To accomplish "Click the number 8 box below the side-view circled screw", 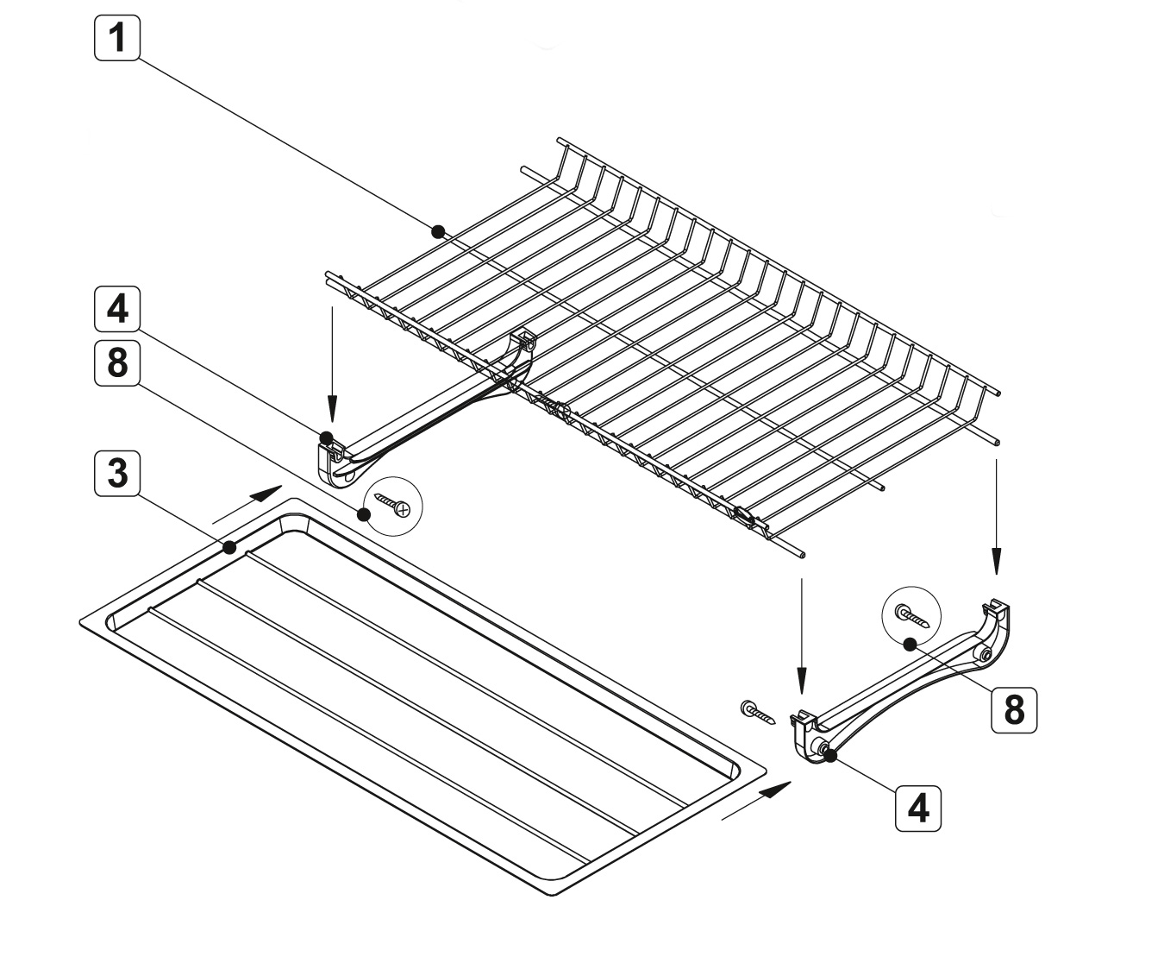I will coord(1013,709).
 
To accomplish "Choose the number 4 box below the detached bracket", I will coord(918,809).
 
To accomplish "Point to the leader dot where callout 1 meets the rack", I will coord(438,231).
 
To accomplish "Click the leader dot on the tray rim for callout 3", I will coord(229,547).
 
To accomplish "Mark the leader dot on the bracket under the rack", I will coord(327,437).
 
